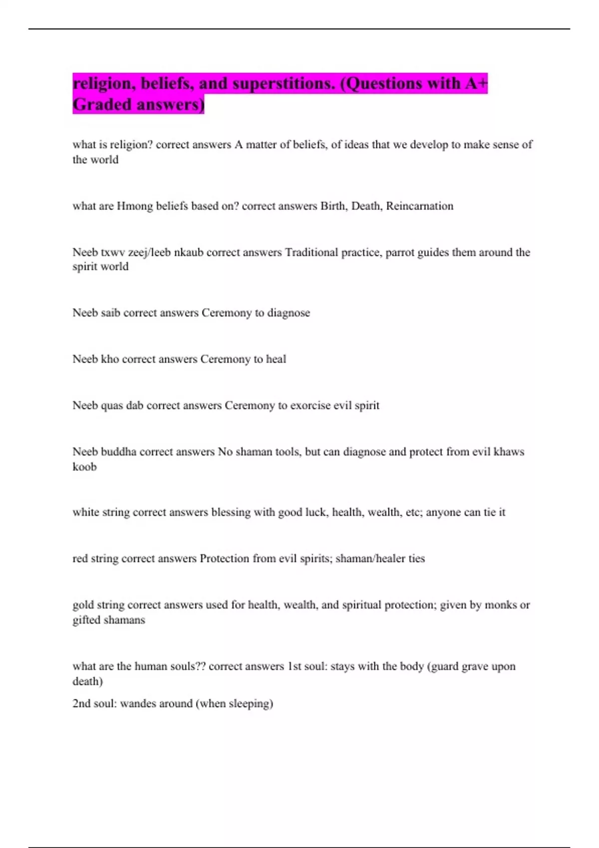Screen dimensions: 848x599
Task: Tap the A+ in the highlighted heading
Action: coord(476,83)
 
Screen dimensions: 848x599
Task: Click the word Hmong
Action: coord(135,206)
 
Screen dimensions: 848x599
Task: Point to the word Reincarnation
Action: coord(420,206)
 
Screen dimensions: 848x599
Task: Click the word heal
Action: coord(276,359)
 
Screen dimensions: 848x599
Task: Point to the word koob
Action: coord(84,467)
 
